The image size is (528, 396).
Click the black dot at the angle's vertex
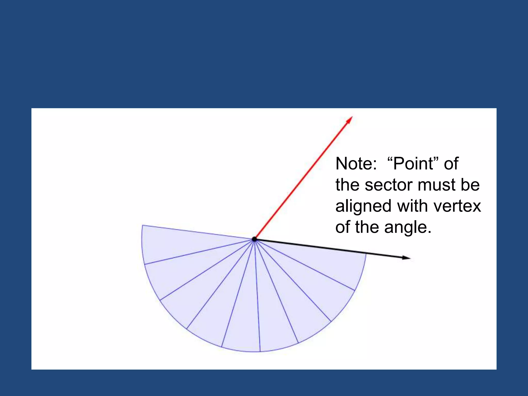pyautogui.click(x=254, y=239)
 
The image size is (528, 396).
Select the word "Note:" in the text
pyautogui.click(x=356, y=164)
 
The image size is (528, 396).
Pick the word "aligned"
pyautogui.click(x=363, y=206)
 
